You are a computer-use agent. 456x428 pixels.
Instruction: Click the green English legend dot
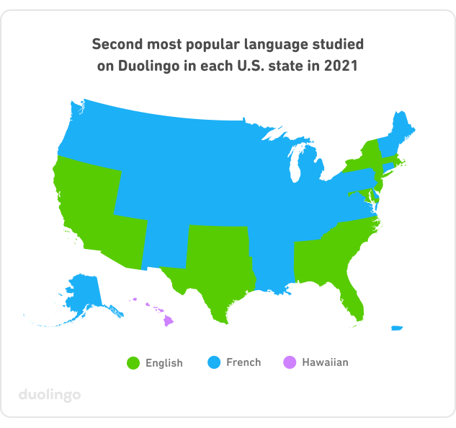tap(132, 362)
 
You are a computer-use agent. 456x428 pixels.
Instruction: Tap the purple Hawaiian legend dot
tap(289, 362)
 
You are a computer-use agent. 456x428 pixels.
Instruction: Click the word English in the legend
tap(164, 363)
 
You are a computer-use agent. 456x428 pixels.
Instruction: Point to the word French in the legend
tap(243, 362)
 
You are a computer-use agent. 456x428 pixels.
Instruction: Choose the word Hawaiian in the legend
tap(325, 362)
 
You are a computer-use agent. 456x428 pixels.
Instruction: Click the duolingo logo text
tap(49, 395)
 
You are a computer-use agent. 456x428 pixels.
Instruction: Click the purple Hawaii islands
tap(167, 320)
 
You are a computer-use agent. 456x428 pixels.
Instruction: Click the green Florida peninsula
tap(355, 300)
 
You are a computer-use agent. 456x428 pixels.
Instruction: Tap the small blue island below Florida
tap(396, 328)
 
